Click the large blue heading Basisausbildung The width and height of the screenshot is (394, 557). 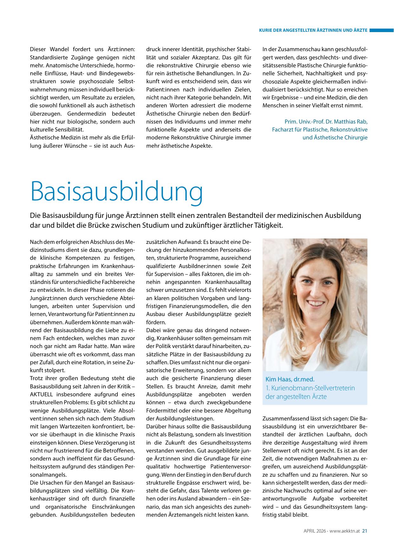coord(116,191)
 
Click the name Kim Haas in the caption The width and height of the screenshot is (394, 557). coord(278,379)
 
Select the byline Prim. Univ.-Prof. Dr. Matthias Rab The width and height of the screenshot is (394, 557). coord(326,122)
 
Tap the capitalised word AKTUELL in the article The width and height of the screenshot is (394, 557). coord(42,394)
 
